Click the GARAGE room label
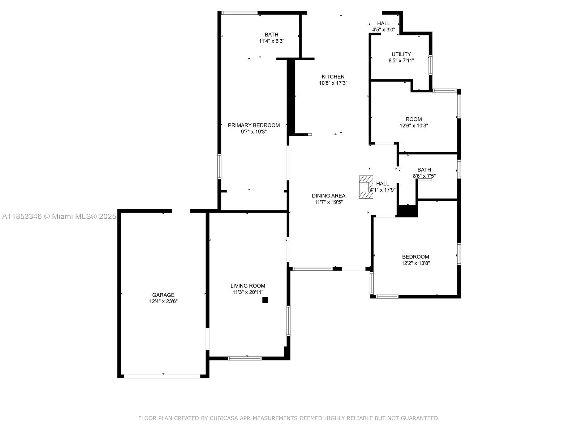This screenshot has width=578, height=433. (163, 295)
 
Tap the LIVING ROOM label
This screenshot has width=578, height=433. (248, 286)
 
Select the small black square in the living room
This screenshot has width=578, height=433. (265, 300)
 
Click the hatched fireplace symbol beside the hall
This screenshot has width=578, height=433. (366, 187)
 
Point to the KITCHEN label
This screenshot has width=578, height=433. (333, 76)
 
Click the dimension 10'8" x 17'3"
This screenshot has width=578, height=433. (333, 83)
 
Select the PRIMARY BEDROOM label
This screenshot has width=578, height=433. (254, 125)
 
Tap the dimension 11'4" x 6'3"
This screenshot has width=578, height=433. (271, 41)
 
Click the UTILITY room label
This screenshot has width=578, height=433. (401, 54)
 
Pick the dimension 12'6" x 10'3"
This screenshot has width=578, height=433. (414, 126)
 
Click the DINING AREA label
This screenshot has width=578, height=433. (328, 196)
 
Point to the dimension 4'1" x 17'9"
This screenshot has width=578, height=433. (383, 190)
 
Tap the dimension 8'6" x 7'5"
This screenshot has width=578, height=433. (424, 176)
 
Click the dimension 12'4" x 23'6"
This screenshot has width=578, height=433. (163, 301)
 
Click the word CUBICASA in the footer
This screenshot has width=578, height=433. (225, 418)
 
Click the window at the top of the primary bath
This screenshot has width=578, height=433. (240, 13)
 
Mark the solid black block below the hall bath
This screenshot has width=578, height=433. (407, 211)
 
